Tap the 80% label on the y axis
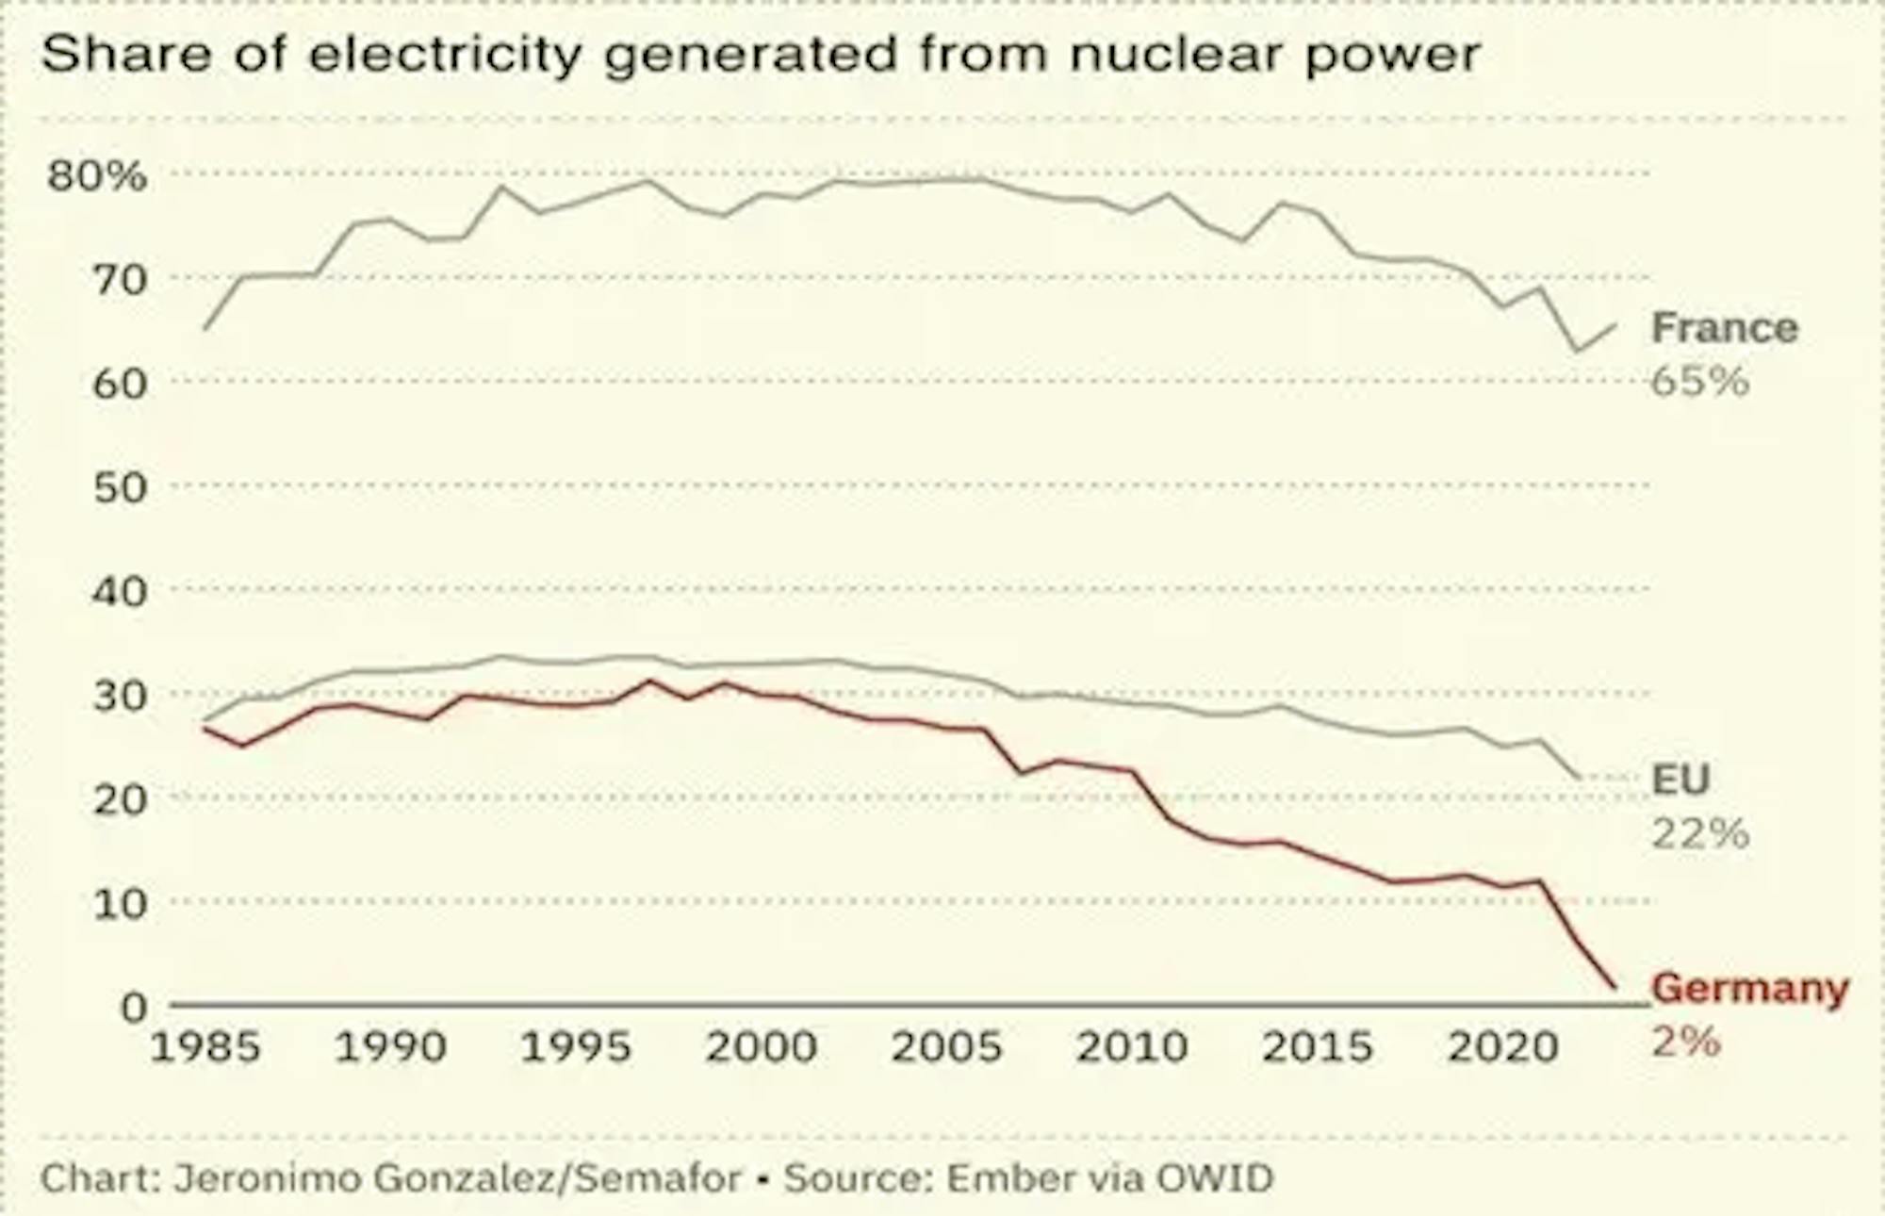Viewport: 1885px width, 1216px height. click(97, 175)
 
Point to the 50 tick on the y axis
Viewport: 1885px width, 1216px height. click(121, 487)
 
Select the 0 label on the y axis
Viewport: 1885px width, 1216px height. click(134, 1007)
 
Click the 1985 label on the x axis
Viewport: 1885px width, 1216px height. click(205, 1047)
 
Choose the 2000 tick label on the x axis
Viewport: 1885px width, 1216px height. click(762, 1047)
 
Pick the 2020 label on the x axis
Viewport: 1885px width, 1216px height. click(1503, 1047)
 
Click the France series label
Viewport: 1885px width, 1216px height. click(1725, 328)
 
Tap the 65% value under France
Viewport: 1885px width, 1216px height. click(1700, 382)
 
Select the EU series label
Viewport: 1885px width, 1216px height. click(1680, 780)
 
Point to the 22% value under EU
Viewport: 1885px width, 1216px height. click(1700, 833)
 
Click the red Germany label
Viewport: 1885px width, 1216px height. click(1750, 988)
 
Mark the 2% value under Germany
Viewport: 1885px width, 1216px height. click(1686, 1042)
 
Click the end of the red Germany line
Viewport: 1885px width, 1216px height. click(1615, 987)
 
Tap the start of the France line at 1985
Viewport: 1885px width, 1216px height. click(205, 328)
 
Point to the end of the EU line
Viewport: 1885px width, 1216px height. click(1579, 778)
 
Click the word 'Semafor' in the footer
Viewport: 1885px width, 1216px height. click(658, 1178)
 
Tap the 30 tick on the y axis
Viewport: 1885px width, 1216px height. click(121, 696)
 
